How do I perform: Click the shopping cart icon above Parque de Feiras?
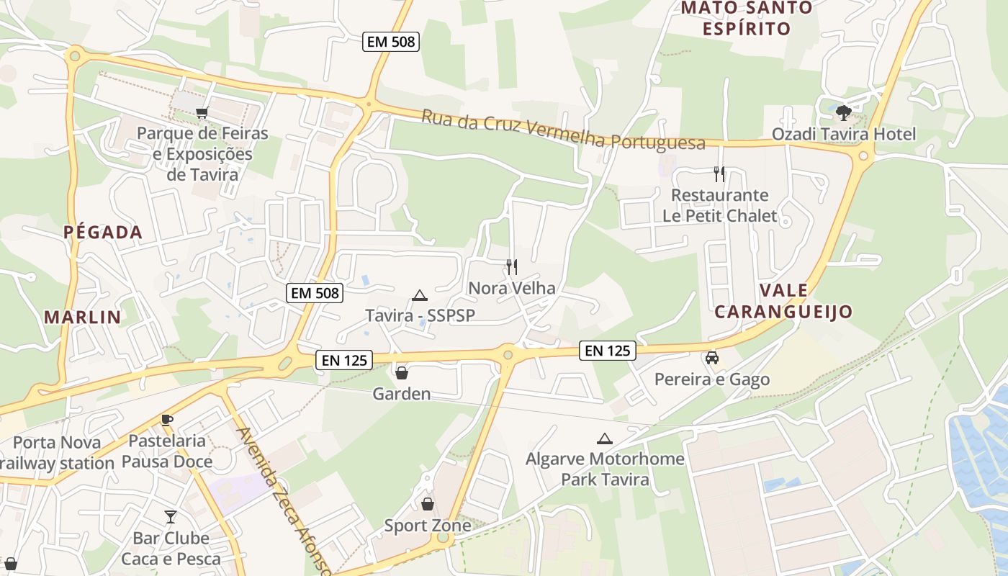point(202,112)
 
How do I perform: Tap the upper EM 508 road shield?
point(391,42)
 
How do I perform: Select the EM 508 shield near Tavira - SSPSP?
point(314,293)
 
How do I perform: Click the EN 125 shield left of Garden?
point(344,360)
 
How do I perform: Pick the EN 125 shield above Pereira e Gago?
point(608,351)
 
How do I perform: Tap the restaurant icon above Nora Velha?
point(511,267)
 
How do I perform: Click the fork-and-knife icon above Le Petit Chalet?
point(719,174)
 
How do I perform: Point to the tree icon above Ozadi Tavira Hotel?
point(844,113)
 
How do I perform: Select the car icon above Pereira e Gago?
point(711,358)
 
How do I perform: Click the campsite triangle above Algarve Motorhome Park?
point(605,438)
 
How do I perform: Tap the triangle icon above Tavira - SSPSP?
point(420,295)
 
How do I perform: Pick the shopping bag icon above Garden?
point(402,373)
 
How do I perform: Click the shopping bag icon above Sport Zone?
point(428,504)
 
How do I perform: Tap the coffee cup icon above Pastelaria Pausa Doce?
point(167,420)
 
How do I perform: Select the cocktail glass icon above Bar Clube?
point(171,516)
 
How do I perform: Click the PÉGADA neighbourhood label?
point(103,233)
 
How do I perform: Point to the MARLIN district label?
point(82,317)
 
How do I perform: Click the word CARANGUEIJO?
point(783,312)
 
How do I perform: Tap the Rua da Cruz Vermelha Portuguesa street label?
point(563,130)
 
